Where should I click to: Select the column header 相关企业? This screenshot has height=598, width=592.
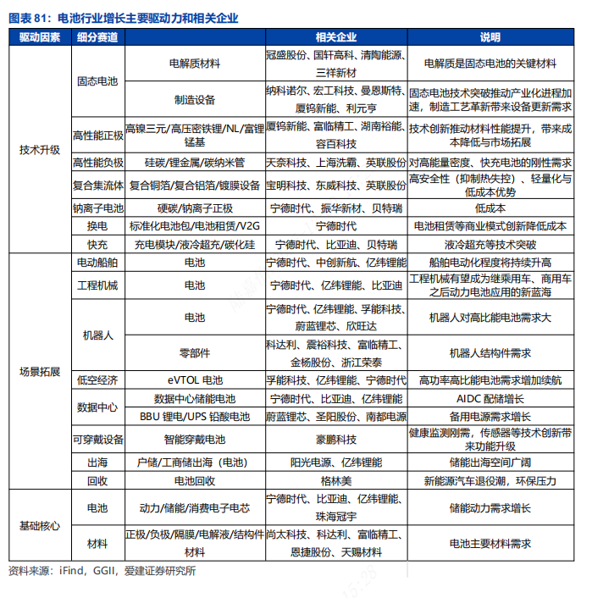(x=335, y=37)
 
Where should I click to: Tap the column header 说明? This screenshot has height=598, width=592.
(x=490, y=37)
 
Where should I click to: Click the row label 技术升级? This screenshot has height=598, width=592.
(x=39, y=150)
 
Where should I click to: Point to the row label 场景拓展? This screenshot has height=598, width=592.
(x=39, y=372)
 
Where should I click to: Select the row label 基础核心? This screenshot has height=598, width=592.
(x=39, y=526)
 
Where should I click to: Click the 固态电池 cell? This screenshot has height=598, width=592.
(x=98, y=81)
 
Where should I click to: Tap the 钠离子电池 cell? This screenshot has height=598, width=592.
(x=98, y=208)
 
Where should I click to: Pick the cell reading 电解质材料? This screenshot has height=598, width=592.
(x=195, y=64)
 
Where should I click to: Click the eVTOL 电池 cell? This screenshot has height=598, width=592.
(x=195, y=380)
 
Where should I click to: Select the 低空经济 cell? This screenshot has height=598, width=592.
(x=98, y=380)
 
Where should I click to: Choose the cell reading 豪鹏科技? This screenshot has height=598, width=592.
(x=335, y=440)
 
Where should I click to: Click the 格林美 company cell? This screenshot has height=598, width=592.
(x=335, y=480)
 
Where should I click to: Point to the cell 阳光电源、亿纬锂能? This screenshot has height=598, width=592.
(x=335, y=462)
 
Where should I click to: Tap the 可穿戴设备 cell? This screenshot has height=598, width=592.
(x=98, y=440)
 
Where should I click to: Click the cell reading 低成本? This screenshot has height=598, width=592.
(x=490, y=208)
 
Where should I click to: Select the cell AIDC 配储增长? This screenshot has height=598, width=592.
(x=490, y=398)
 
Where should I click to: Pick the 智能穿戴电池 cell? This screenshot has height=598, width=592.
(x=195, y=440)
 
